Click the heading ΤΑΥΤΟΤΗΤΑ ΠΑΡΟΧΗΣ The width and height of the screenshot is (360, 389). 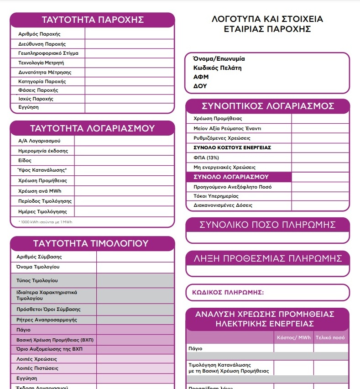(x=93, y=20)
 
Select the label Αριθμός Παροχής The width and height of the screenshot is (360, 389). (x=39, y=34)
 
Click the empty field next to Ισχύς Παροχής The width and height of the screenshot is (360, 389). (x=129, y=99)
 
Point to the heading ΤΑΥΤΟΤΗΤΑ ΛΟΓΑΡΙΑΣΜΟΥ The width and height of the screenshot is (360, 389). (x=93, y=128)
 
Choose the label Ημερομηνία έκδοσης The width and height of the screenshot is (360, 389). (x=43, y=151)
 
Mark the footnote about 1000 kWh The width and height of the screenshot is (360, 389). (x=46, y=222)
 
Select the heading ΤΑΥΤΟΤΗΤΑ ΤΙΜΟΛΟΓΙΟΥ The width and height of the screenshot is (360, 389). (x=93, y=243)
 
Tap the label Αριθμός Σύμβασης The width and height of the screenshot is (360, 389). (x=39, y=257)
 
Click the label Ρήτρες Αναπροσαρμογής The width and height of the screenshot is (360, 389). (x=47, y=320)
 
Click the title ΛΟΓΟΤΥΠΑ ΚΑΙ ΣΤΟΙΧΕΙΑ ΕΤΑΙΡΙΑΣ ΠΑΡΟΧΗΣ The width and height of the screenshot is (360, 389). (x=267, y=24)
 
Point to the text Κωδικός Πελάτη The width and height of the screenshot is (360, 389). (x=217, y=68)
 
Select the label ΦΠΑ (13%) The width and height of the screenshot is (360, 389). (x=206, y=157)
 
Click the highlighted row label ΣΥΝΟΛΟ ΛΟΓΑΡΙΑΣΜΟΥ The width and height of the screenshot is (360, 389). (x=231, y=177)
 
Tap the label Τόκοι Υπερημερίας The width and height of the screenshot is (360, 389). (x=216, y=196)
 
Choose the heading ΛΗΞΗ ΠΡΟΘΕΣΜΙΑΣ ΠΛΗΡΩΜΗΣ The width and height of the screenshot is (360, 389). (x=268, y=258)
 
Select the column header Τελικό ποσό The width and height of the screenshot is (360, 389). (x=330, y=338)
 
